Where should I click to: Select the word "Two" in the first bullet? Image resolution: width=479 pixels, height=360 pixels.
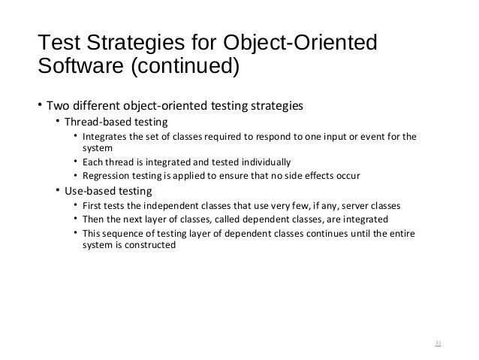pos(58,104)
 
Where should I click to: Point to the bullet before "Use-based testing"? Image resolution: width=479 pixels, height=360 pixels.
pos(58,190)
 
